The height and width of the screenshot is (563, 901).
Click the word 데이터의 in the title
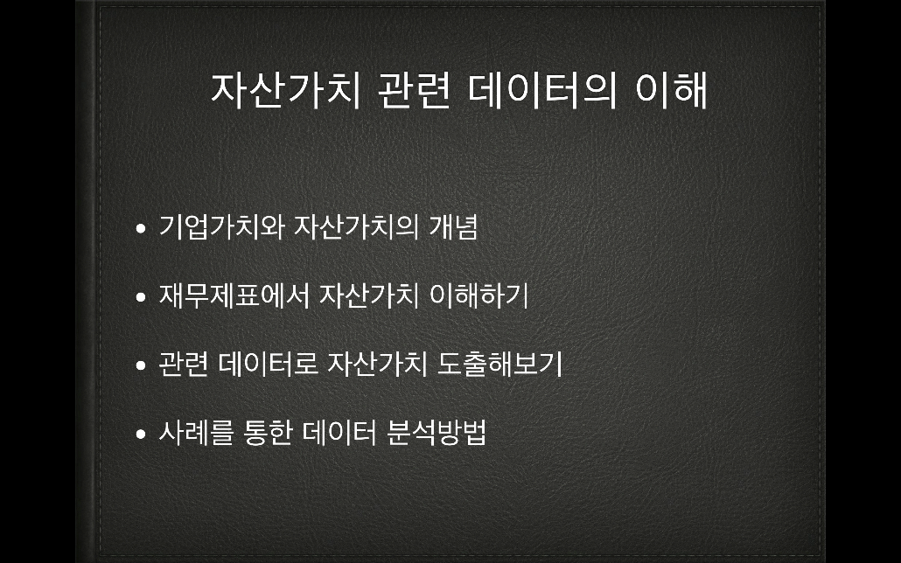click(x=541, y=91)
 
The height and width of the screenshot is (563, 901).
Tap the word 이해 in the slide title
click(x=671, y=91)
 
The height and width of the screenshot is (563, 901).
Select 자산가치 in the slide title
click(x=285, y=91)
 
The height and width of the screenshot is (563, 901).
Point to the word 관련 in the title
click(x=414, y=91)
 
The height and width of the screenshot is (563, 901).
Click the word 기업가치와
click(x=222, y=227)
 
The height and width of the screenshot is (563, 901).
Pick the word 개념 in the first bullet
click(x=453, y=227)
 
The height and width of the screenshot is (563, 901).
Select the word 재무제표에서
click(x=234, y=295)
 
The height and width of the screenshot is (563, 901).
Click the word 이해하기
click(x=479, y=295)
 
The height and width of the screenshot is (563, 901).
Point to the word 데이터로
click(x=269, y=365)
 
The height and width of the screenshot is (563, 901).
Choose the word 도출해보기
click(x=499, y=365)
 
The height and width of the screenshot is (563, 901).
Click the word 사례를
click(x=197, y=433)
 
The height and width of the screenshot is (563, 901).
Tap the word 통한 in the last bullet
click(x=269, y=433)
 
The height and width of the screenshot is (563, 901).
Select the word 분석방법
click(x=437, y=433)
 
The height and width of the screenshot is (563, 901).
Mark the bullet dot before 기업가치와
click(x=141, y=229)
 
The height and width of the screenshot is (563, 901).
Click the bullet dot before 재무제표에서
click(x=141, y=297)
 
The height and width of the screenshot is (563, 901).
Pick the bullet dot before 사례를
click(x=141, y=434)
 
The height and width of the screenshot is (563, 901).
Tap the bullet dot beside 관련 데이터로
click(x=141, y=366)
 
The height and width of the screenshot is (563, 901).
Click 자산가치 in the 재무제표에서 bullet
click(x=369, y=295)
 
